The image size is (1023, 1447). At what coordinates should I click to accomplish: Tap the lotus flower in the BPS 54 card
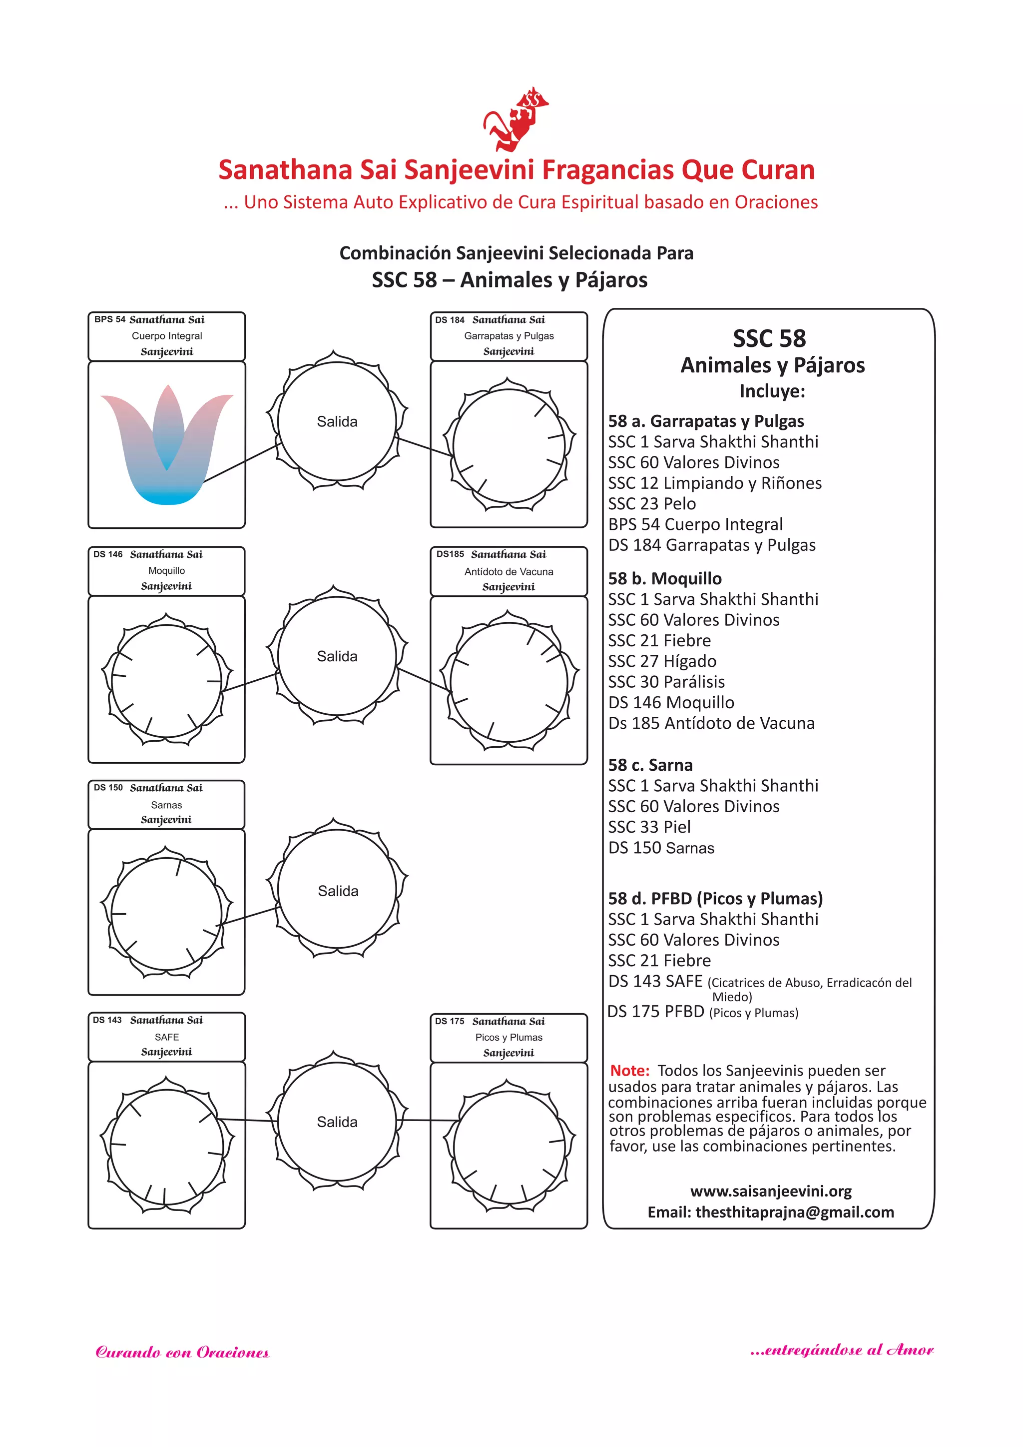[x=166, y=444]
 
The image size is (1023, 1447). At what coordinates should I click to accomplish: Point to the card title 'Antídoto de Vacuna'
[x=509, y=572]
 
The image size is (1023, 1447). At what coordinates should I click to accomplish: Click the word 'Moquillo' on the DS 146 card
[x=166, y=570]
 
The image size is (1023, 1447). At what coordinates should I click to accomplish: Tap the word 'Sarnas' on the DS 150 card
[x=166, y=805]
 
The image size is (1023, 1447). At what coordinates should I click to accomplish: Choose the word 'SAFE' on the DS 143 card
[x=166, y=1037]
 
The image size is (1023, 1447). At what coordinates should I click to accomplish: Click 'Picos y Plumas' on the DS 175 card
[x=509, y=1037]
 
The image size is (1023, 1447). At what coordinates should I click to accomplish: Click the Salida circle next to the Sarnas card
[x=337, y=891]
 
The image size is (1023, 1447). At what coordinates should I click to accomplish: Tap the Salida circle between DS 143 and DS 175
[x=337, y=1122]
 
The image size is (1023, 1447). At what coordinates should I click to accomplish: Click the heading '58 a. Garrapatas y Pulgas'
[x=705, y=421]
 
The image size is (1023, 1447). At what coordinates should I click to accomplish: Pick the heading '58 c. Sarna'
[x=650, y=765]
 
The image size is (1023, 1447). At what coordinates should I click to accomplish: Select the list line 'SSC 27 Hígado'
[x=662, y=661]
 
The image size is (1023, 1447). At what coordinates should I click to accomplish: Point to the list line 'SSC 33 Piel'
[x=649, y=827]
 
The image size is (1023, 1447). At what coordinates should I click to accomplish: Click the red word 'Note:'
[x=629, y=1071]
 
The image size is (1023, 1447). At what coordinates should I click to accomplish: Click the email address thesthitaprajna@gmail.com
[x=794, y=1212]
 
